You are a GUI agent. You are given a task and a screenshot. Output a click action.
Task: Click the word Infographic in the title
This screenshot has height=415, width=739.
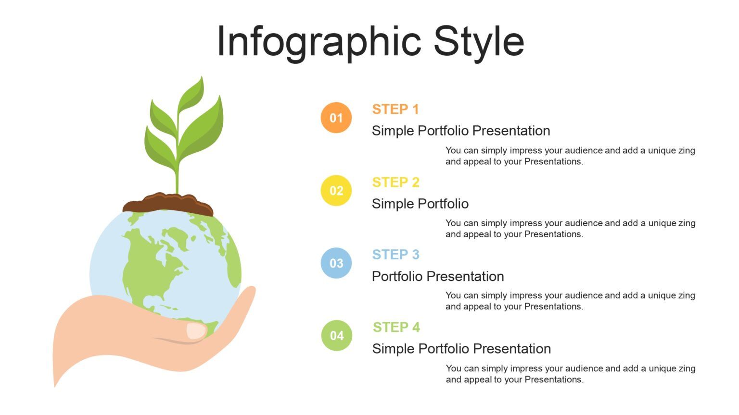click(x=319, y=41)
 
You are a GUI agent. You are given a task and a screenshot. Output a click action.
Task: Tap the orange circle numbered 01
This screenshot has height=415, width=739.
click(x=336, y=118)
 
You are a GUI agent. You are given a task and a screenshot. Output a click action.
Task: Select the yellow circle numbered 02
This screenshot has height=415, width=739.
click(x=336, y=191)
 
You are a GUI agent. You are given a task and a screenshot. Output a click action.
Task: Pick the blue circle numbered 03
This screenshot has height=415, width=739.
click(x=336, y=263)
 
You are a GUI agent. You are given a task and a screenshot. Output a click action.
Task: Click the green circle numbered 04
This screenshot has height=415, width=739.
click(x=337, y=336)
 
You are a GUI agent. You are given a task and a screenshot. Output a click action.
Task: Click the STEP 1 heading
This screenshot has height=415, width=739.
click(x=395, y=110)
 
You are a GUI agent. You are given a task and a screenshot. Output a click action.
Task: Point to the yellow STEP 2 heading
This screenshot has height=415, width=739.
click(x=395, y=183)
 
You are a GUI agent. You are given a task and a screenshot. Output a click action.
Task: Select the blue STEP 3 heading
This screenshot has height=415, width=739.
click(x=395, y=255)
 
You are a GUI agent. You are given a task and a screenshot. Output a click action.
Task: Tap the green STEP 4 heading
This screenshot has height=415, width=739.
click(x=396, y=328)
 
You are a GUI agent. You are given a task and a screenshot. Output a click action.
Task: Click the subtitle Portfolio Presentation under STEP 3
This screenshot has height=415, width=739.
click(x=438, y=277)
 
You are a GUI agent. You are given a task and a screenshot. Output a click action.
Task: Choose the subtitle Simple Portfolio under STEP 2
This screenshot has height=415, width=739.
click(x=420, y=204)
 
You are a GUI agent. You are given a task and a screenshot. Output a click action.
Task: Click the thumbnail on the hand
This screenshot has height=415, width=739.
click(x=196, y=331)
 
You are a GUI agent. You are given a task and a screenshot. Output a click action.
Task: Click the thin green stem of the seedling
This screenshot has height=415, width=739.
click(x=177, y=178)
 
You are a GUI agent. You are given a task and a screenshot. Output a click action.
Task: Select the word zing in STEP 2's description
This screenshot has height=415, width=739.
click(x=687, y=223)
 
